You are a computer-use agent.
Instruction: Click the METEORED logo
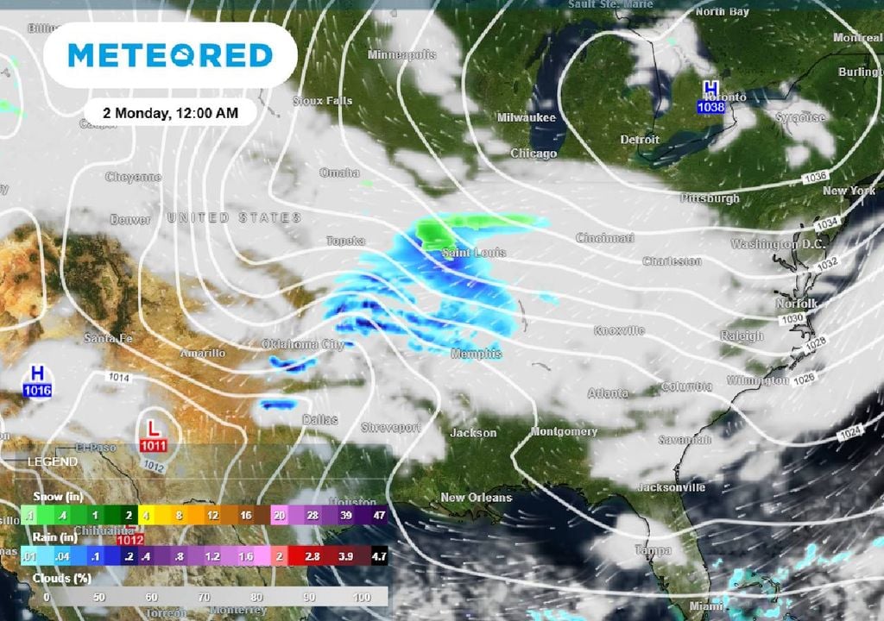click(x=170, y=56)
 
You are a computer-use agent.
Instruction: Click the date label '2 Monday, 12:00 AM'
click(x=171, y=112)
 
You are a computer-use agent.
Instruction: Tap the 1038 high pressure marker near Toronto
click(x=710, y=97)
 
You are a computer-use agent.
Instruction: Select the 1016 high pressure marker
click(x=37, y=380)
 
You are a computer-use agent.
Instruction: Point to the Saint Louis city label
click(x=474, y=253)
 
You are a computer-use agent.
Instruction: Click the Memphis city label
click(x=476, y=354)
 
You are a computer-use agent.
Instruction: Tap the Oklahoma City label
click(x=303, y=345)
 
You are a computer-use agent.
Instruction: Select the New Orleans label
click(x=476, y=498)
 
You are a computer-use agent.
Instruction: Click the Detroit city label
click(x=640, y=140)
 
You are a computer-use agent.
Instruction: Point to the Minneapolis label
click(x=401, y=55)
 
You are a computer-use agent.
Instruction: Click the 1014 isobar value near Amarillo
click(x=119, y=377)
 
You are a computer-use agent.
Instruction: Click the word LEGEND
click(x=53, y=462)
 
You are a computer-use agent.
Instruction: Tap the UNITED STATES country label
click(x=235, y=218)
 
